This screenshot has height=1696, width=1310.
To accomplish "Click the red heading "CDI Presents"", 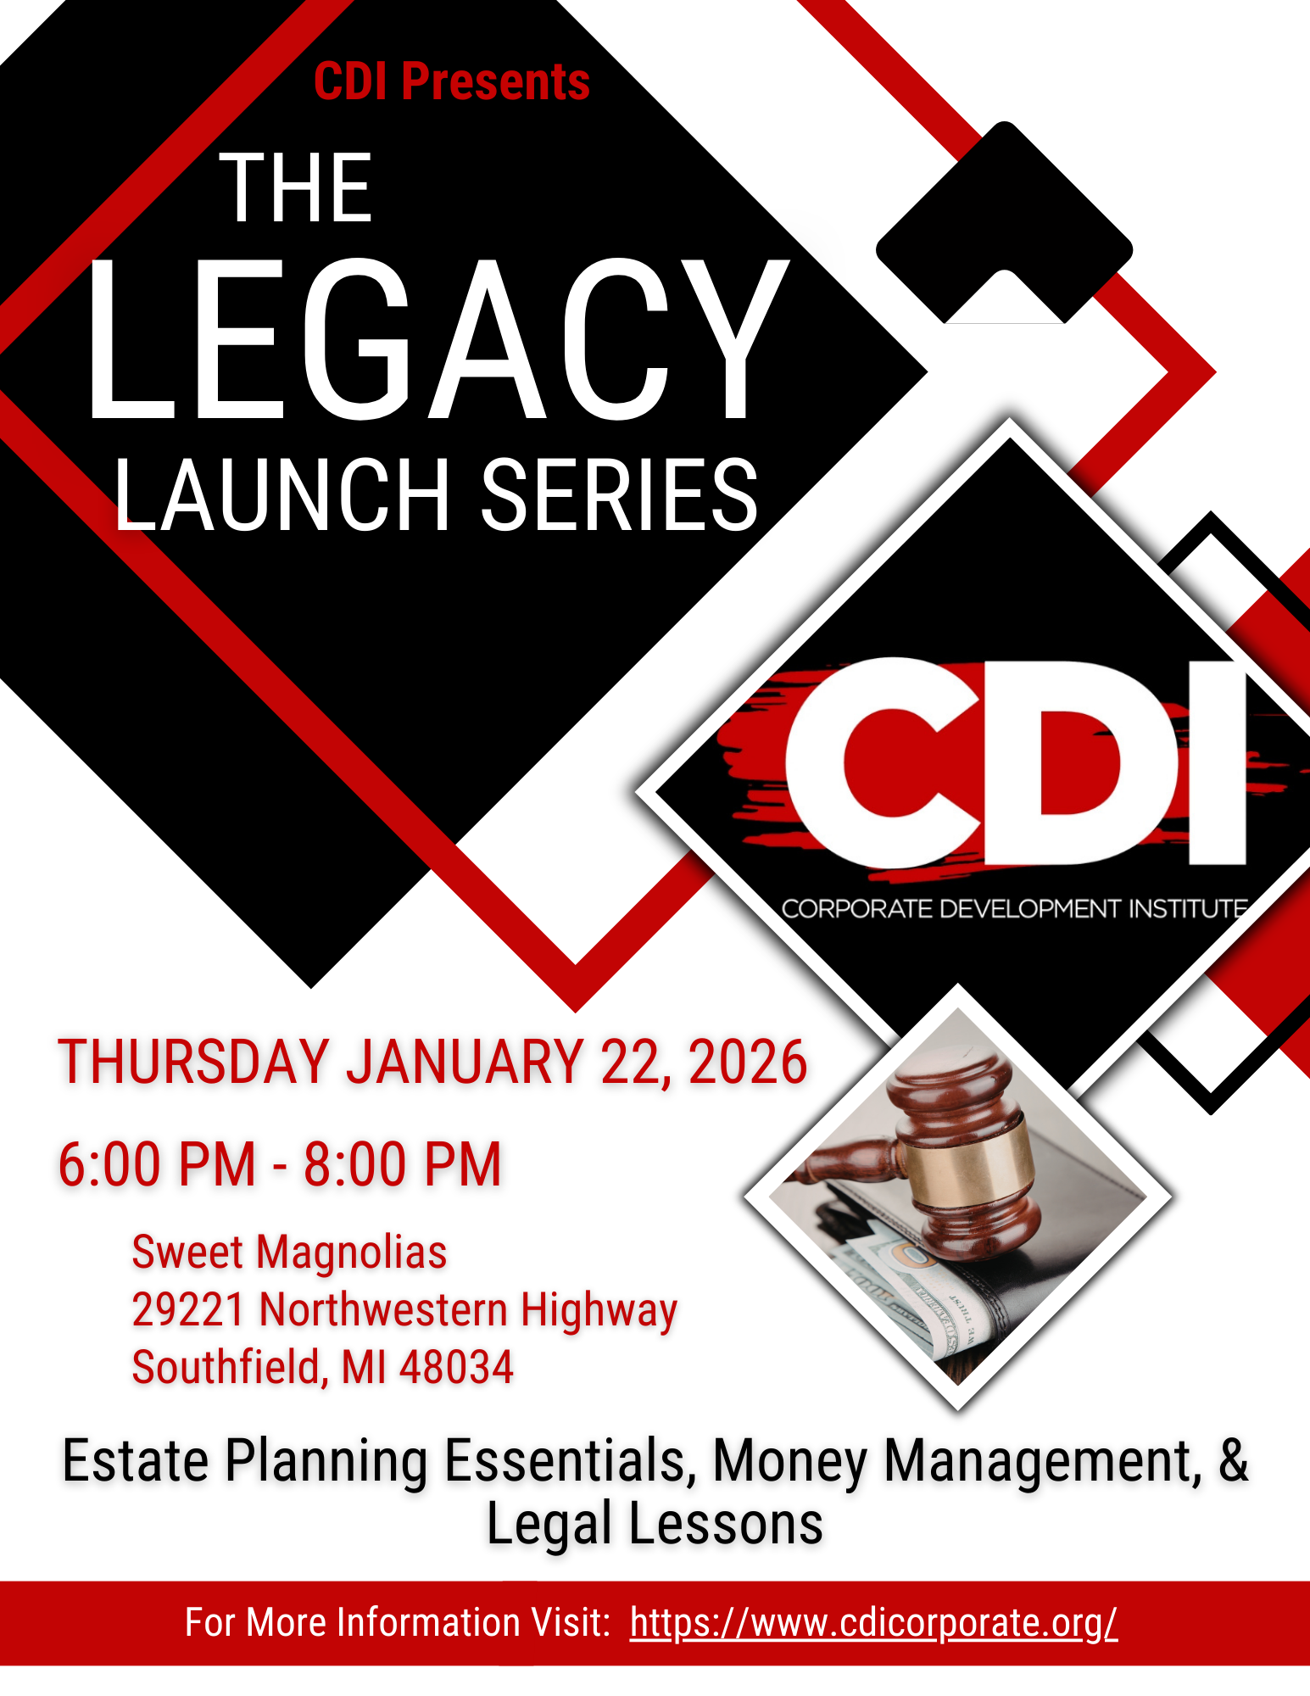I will [x=451, y=81].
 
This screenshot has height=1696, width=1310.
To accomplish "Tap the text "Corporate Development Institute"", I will [x=1013, y=909].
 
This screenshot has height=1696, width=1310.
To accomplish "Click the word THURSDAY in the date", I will [x=193, y=1062].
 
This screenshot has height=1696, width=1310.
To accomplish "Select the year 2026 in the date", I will [x=747, y=1062].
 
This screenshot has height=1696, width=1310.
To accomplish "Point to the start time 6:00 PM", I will [x=157, y=1163].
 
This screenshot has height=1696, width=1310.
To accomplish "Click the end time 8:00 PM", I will [x=403, y=1163].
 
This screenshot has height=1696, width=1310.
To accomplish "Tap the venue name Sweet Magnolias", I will [x=289, y=1252].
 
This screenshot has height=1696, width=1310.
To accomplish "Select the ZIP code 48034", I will [x=456, y=1367].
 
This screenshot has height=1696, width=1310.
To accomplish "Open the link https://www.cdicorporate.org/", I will [x=873, y=1622].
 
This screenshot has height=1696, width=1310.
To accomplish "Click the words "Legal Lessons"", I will [x=655, y=1524].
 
